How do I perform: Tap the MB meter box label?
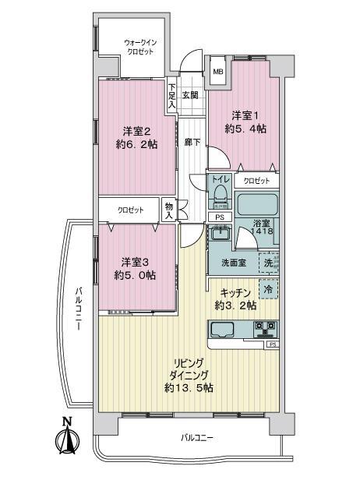(218, 72)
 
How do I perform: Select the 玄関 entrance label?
(190, 94)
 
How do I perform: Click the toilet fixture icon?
(220, 192)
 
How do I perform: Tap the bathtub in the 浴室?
(257, 205)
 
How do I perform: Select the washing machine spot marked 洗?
(269, 263)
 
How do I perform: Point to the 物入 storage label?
(169, 209)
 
